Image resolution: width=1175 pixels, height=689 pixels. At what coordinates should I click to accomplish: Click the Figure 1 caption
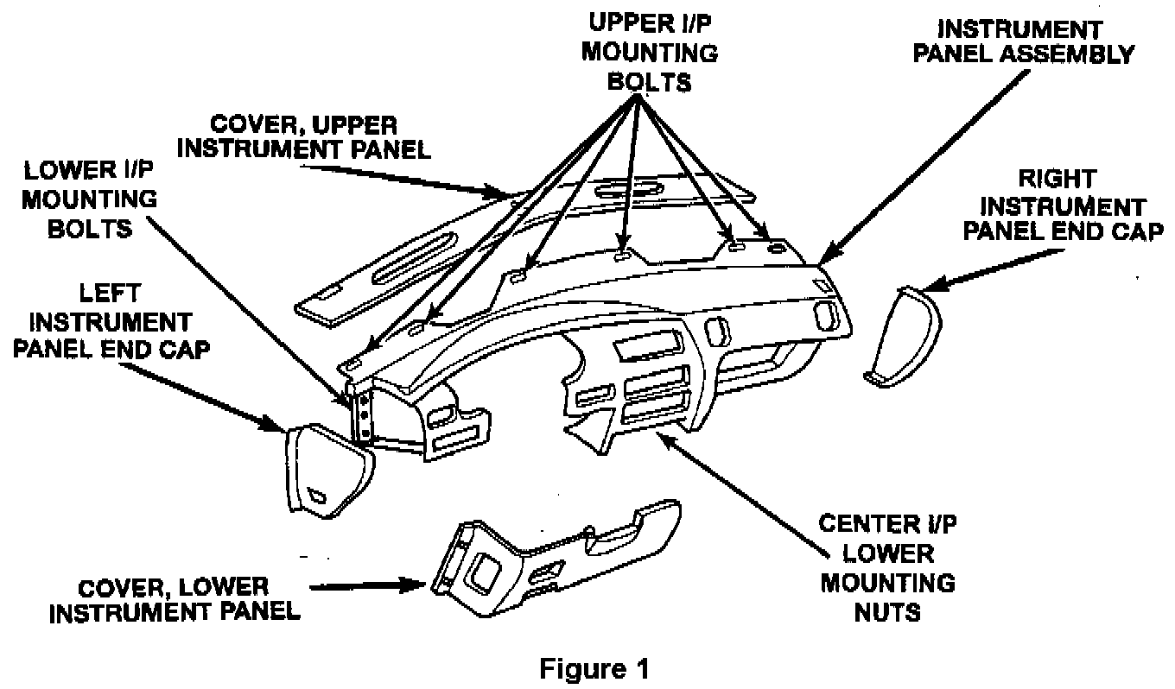point(594,668)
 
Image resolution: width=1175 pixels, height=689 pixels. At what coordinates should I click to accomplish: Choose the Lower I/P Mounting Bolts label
point(89,199)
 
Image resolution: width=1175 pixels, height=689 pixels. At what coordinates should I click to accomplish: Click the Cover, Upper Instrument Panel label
point(309,136)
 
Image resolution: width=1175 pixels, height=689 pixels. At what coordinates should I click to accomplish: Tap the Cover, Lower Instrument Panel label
point(174,599)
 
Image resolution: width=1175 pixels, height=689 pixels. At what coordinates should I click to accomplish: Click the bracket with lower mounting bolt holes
point(364,414)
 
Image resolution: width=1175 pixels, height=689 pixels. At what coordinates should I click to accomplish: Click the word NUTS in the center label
point(887,612)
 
